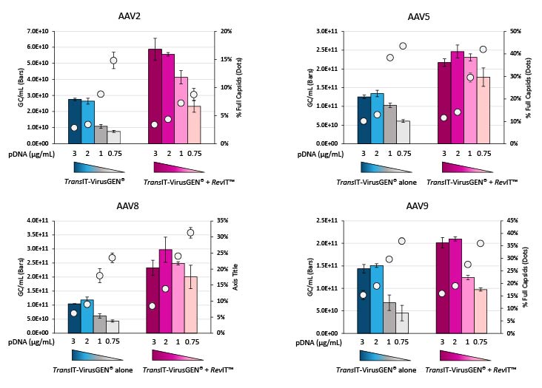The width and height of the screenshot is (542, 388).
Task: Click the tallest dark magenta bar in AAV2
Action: click(x=155, y=96)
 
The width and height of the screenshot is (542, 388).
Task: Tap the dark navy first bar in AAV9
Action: click(x=363, y=300)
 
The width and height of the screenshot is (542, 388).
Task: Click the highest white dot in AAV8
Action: click(x=190, y=233)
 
